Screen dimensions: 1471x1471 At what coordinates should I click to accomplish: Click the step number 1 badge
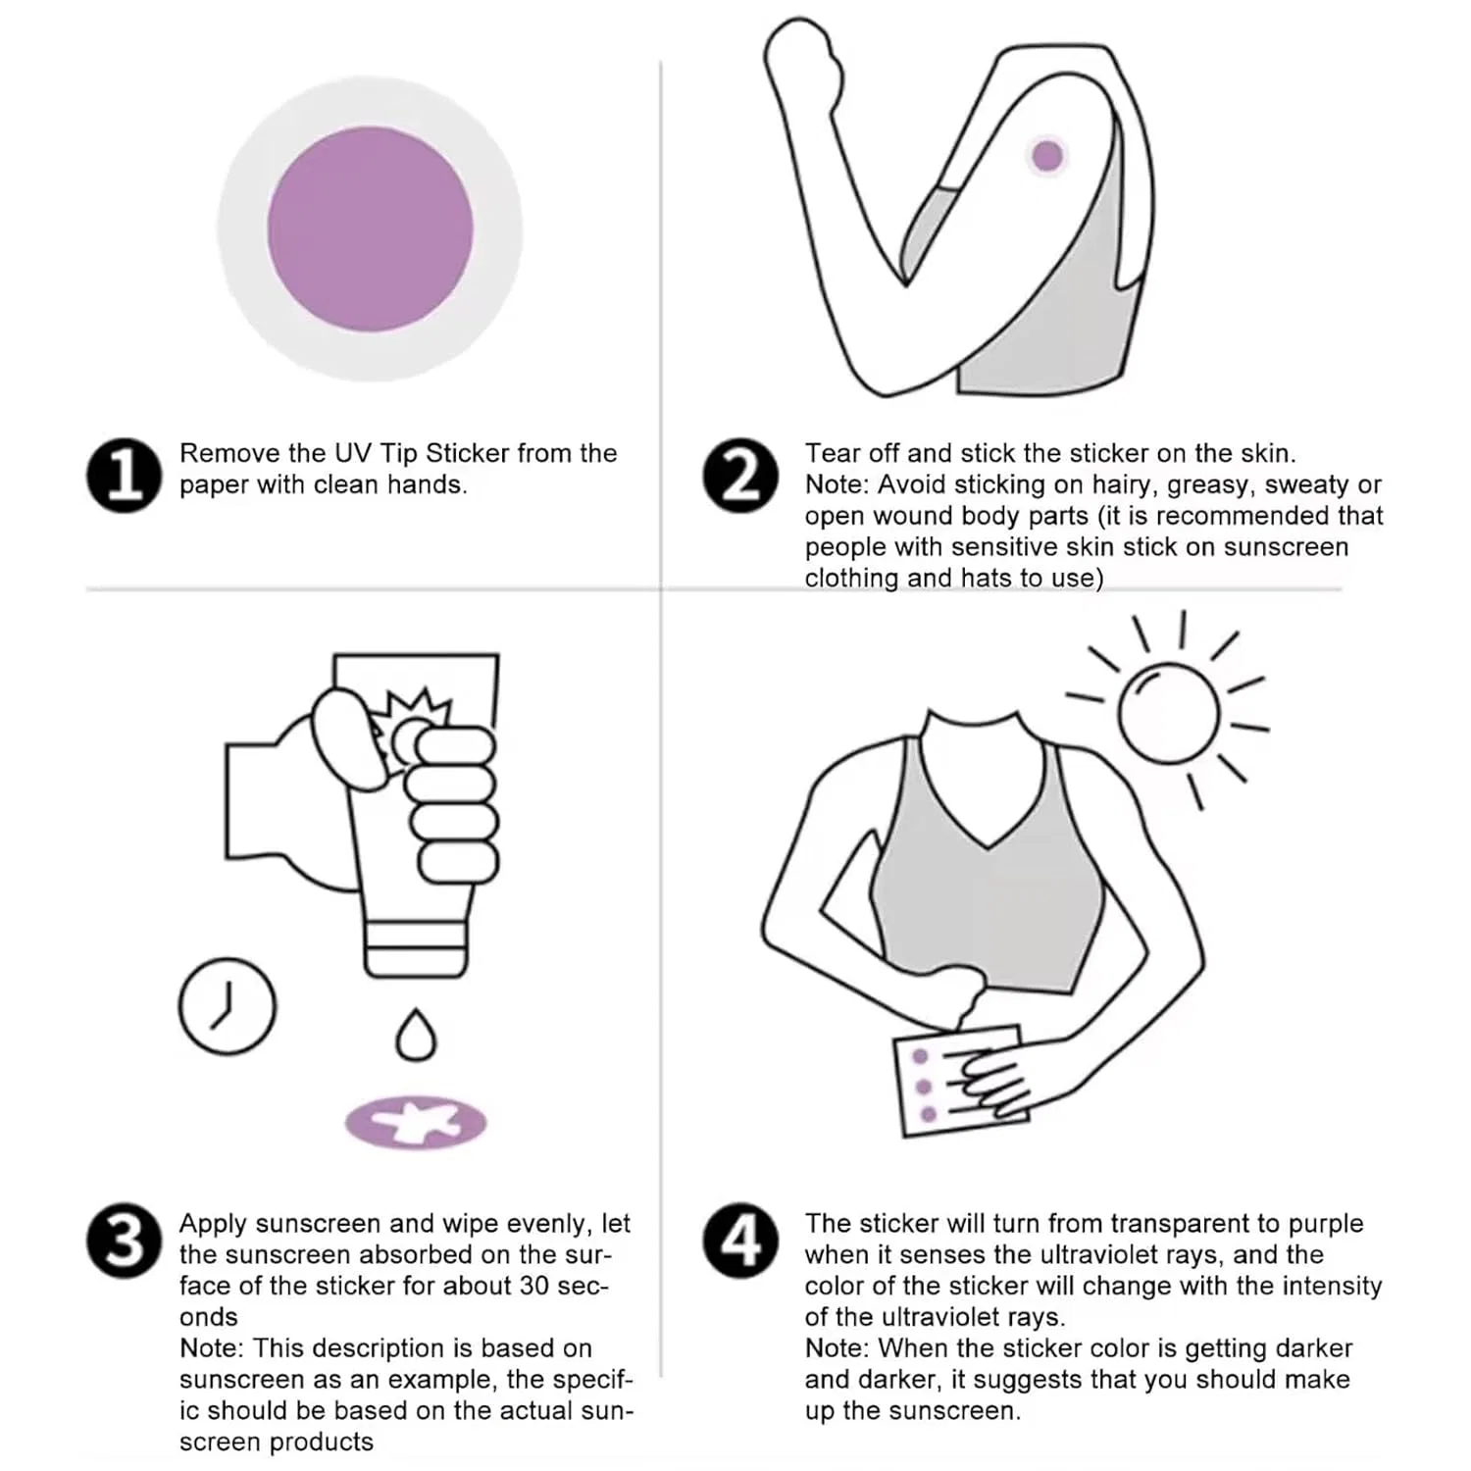tap(124, 476)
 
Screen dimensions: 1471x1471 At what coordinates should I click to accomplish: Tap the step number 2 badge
tap(741, 476)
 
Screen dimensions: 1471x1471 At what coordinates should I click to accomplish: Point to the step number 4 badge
tap(741, 1241)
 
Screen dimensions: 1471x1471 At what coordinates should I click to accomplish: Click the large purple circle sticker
tap(370, 228)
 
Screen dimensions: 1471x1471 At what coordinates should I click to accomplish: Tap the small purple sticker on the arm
tap(1047, 155)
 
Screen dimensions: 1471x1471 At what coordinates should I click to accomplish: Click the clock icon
tap(228, 1006)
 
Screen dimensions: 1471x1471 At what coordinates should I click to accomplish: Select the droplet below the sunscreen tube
tap(416, 1035)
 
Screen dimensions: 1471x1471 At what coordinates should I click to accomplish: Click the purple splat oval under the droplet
tap(416, 1122)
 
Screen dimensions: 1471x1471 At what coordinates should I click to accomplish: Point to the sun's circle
tap(1168, 713)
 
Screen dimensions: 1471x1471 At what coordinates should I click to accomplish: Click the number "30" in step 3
tap(535, 1286)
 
